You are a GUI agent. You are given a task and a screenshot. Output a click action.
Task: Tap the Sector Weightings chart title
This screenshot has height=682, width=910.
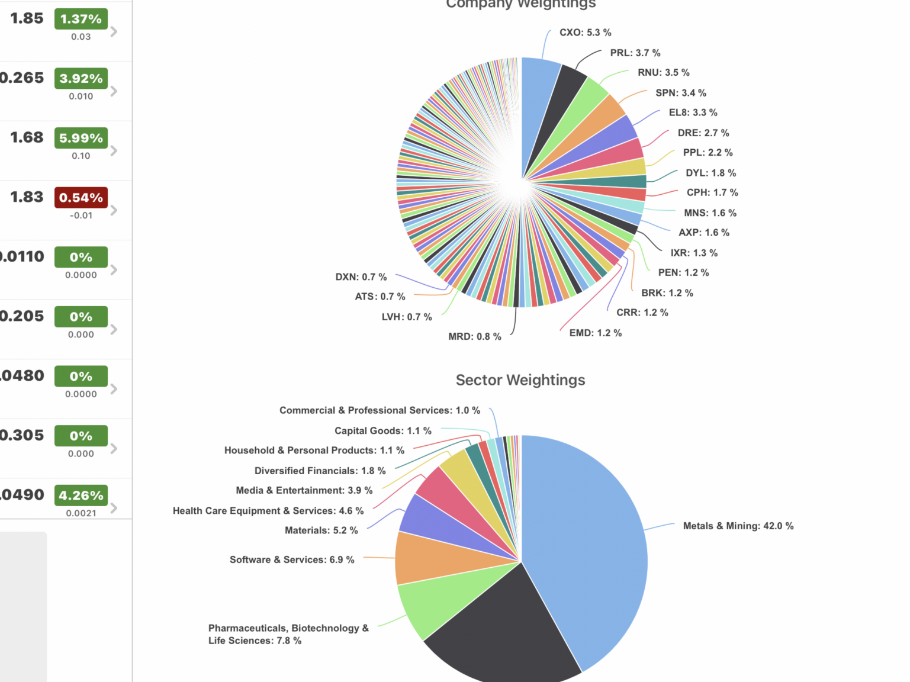(x=520, y=380)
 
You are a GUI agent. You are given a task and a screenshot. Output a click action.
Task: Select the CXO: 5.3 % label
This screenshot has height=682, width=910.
(x=585, y=33)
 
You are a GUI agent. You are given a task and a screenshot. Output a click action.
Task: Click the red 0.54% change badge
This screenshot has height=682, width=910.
(x=81, y=198)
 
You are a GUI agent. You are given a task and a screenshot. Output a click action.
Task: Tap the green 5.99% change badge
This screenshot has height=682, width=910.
(x=81, y=138)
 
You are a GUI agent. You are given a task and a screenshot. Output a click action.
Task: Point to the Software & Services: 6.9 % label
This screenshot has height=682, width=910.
(x=292, y=559)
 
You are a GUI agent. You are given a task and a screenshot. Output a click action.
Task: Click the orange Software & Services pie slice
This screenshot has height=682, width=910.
(x=438, y=559)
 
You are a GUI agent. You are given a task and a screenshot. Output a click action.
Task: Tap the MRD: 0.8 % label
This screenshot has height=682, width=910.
(x=474, y=336)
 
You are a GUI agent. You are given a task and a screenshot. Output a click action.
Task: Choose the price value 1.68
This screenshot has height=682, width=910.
(x=27, y=137)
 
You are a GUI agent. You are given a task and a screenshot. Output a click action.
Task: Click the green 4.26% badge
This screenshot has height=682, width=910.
(x=81, y=496)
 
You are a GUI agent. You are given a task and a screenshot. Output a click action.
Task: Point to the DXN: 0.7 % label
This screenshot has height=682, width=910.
(x=361, y=276)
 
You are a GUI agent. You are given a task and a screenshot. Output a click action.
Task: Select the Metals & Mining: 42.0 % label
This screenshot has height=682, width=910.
(x=738, y=526)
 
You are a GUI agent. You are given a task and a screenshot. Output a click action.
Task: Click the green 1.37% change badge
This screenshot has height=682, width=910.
(x=81, y=19)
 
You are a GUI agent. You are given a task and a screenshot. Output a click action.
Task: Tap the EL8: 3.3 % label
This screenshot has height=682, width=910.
(x=693, y=112)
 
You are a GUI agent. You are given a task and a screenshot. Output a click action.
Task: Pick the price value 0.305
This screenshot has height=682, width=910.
(x=22, y=435)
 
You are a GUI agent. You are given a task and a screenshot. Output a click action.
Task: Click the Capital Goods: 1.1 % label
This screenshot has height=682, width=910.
(x=382, y=430)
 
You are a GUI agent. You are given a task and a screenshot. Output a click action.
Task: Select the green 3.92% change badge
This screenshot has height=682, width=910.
(x=81, y=78)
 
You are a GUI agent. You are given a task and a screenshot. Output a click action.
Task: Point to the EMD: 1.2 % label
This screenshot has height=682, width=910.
(x=595, y=333)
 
